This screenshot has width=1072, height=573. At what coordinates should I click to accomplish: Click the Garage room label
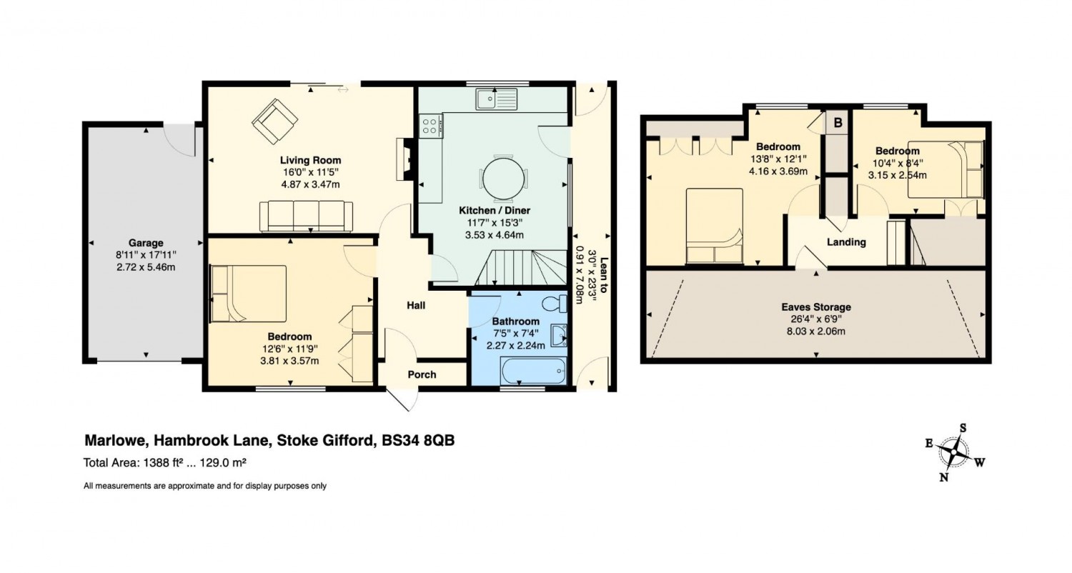click(146, 243)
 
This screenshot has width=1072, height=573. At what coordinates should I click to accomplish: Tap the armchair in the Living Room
click(274, 121)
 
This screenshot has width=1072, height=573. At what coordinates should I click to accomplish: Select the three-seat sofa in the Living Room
click(307, 216)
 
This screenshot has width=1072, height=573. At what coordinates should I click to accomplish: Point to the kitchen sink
click(496, 99)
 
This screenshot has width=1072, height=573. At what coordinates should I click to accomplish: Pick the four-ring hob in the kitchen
click(430, 126)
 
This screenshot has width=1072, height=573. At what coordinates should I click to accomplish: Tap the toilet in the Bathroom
click(555, 303)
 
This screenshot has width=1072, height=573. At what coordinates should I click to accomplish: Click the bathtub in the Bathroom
click(533, 370)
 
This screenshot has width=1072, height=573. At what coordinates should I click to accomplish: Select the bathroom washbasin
click(558, 335)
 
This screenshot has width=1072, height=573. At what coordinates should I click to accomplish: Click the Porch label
click(422, 374)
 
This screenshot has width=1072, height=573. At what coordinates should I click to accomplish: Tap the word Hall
click(416, 305)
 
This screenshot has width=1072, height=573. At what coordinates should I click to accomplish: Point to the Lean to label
click(603, 275)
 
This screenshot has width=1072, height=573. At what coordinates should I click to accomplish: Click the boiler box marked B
click(838, 123)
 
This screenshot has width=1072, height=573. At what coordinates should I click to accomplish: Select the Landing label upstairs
click(846, 242)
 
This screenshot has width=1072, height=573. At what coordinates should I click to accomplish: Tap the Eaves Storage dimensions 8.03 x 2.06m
click(816, 331)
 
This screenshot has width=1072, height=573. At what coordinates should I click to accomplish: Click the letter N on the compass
click(943, 477)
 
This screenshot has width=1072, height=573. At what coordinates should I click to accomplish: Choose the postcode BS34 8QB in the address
click(418, 440)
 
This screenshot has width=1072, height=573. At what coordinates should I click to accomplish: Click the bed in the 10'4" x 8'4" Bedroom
click(946, 169)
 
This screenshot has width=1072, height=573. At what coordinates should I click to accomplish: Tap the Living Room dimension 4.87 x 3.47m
click(310, 184)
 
